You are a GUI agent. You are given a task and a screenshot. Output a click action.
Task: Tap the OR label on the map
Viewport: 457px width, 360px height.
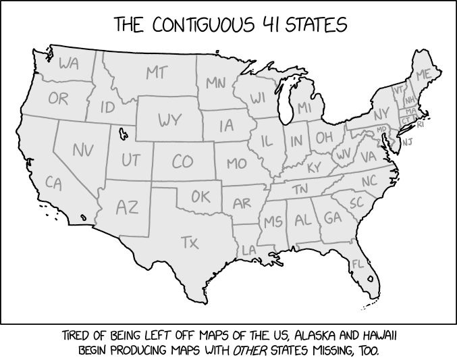tap(58, 99)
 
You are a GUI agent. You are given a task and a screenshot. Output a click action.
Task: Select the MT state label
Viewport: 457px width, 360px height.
tap(157, 72)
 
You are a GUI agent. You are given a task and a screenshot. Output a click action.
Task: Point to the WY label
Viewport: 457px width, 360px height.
tap(170, 121)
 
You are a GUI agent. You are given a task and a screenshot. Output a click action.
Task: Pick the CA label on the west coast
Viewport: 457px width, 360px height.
tap(53, 182)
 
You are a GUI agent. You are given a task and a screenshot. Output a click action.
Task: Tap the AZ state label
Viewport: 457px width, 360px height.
tap(126, 207)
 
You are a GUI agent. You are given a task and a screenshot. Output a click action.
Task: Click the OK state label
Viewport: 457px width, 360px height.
tap(200, 197)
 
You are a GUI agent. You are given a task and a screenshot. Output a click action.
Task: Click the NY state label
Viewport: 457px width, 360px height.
tap(381, 114)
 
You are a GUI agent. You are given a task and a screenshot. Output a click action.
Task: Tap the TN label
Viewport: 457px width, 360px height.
tap(300, 190)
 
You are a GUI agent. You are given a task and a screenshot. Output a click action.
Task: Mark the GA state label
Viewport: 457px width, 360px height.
tap(332, 218)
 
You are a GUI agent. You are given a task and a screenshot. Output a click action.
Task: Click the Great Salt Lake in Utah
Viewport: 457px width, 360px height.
tap(122, 134)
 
